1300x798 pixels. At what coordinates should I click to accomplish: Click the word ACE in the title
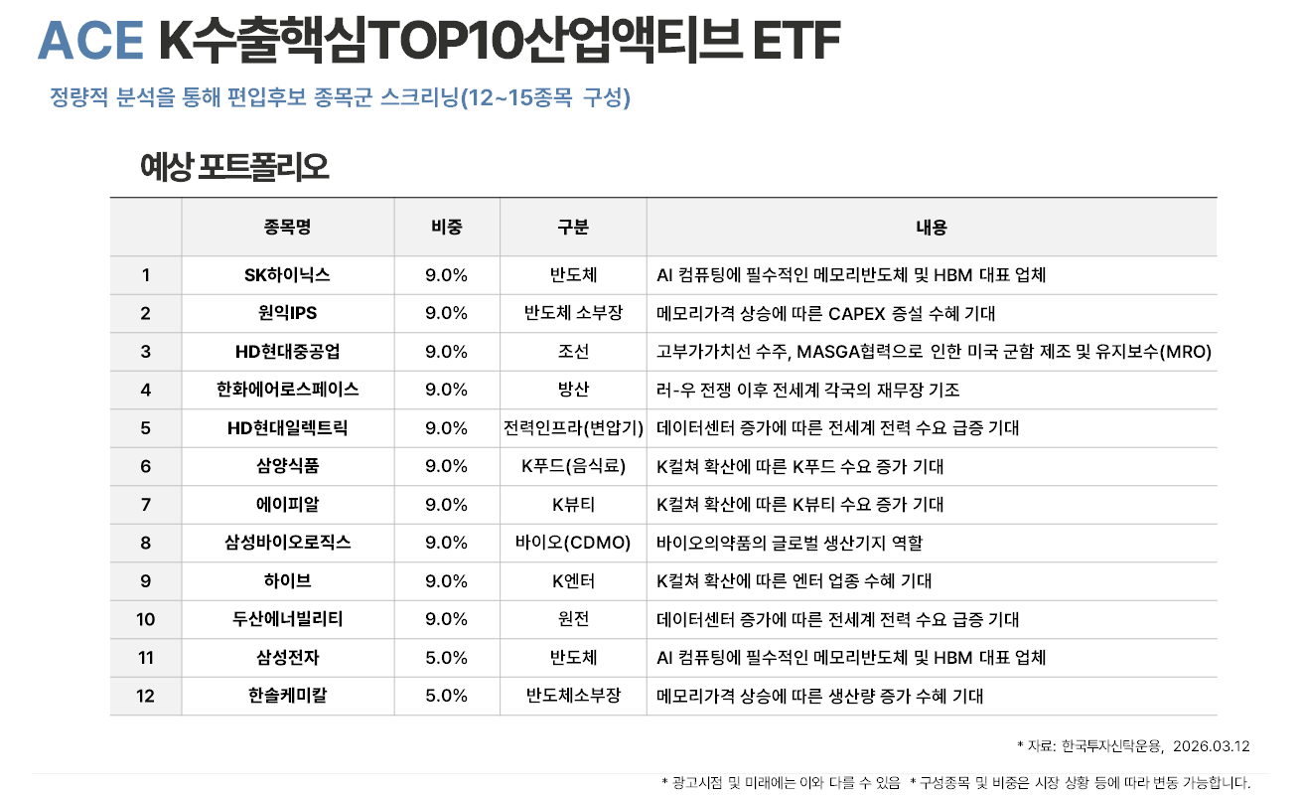[x=90, y=40]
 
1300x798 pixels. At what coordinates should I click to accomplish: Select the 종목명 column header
[x=288, y=228]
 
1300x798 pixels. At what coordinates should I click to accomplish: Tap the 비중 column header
[x=446, y=228]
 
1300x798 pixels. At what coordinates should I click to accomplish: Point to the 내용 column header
[x=931, y=228]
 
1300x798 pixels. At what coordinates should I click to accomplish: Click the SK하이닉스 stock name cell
[x=287, y=275]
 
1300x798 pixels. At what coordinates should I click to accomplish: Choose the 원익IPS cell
[x=287, y=313]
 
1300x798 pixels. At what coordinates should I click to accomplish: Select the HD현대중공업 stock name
[x=287, y=352]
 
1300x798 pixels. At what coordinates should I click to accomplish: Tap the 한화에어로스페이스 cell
[x=287, y=390]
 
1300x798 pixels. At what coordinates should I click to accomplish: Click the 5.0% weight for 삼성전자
[x=446, y=658]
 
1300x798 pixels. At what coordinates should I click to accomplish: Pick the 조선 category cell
[x=573, y=352]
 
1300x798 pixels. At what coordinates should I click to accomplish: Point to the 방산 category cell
[x=573, y=390]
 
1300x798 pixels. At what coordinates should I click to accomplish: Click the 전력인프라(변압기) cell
[x=573, y=428]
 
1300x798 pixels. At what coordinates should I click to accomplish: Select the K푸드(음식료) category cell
[x=573, y=466]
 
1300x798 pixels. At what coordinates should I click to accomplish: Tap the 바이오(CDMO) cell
[x=573, y=543]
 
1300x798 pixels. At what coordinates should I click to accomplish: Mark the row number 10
[x=146, y=619]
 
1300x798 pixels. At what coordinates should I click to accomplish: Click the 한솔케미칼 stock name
[x=287, y=696]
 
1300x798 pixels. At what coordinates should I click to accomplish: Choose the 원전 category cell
[x=573, y=619]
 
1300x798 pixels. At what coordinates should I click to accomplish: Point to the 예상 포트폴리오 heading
[x=234, y=168]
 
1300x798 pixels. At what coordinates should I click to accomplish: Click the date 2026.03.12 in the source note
[x=1211, y=745]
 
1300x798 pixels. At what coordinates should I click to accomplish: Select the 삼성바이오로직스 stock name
[x=287, y=543]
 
